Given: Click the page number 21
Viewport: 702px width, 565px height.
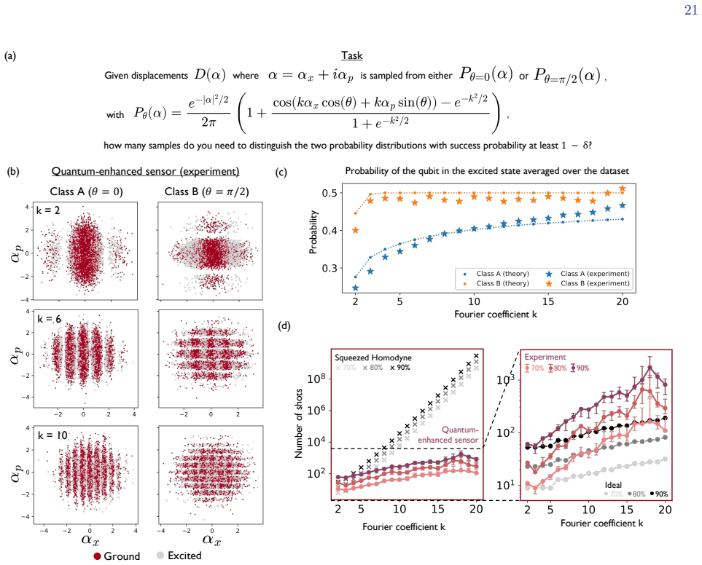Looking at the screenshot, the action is (x=691, y=10).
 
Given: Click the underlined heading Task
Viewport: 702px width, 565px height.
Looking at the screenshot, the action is (x=351, y=55).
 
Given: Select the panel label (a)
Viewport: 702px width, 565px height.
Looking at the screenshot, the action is (x=10, y=55).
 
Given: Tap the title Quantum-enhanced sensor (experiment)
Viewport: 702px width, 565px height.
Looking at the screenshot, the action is (x=146, y=171).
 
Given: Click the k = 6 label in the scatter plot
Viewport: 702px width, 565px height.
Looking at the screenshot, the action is (x=50, y=319).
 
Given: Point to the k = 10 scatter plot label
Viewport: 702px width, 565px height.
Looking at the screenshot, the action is (x=52, y=435).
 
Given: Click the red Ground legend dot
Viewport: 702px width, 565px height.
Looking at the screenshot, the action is (x=97, y=556).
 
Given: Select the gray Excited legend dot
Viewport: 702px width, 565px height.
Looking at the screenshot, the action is (x=160, y=555).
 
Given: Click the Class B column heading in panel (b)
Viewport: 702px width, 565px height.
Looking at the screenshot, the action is (x=207, y=191).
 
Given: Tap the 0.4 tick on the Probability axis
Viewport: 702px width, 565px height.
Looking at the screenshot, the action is (x=329, y=231).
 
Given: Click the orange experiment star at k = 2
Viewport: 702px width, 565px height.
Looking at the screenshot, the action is (x=356, y=230).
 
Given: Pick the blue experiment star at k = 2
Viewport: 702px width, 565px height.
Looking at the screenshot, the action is (x=356, y=288).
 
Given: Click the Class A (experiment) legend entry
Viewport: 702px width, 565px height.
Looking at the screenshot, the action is (x=588, y=274).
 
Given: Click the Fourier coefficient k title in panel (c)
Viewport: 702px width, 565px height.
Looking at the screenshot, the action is (x=496, y=315).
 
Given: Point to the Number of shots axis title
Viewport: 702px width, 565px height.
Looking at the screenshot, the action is (x=299, y=423).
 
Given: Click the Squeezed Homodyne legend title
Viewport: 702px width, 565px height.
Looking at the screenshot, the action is (x=373, y=357).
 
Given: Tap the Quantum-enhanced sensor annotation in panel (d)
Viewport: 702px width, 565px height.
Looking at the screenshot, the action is (x=448, y=435).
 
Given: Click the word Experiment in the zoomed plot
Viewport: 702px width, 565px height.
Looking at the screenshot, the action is (x=545, y=357).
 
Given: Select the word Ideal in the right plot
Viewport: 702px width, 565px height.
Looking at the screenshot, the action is (x=613, y=485).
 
